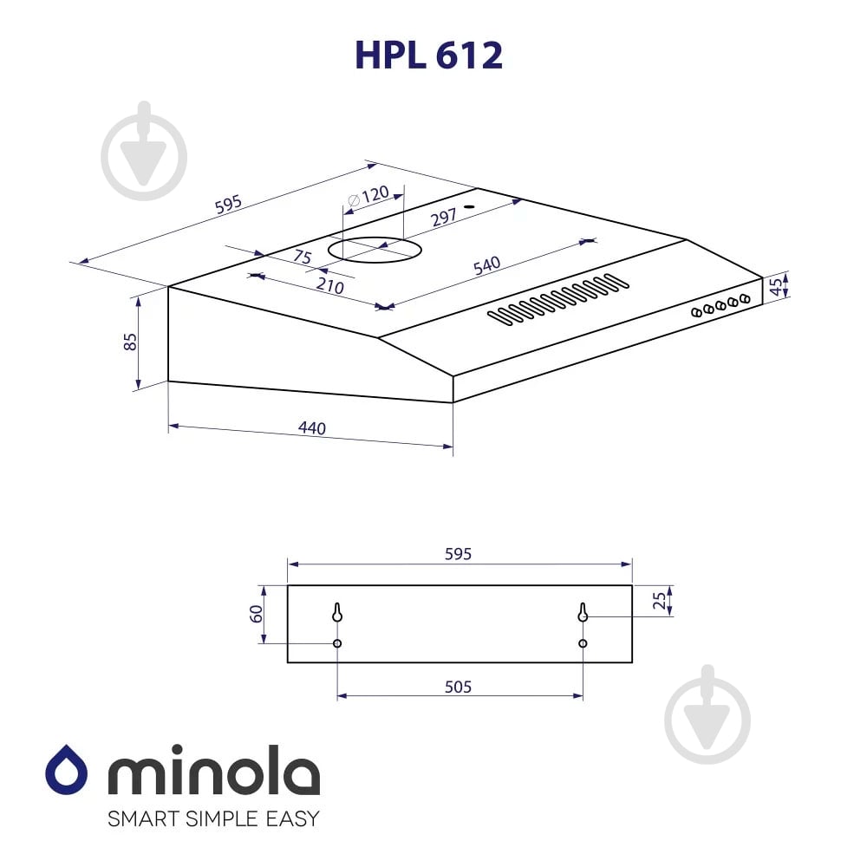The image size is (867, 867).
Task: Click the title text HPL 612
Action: [x=428, y=55]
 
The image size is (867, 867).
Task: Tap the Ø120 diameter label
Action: [x=368, y=196]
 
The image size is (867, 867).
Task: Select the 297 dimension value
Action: [x=443, y=218]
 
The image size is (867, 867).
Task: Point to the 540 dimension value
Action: [x=486, y=266]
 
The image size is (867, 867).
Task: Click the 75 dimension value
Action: [x=302, y=257]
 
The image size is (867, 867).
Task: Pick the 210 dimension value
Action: [x=329, y=287]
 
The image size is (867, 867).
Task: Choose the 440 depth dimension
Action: [x=311, y=428]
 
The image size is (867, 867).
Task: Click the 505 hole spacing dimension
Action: [x=458, y=687]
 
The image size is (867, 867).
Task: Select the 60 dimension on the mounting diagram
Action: [x=257, y=614]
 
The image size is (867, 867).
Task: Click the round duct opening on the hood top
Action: [x=375, y=251]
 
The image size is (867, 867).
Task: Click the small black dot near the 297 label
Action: [x=468, y=207]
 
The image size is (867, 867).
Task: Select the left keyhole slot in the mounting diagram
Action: [x=337, y=612]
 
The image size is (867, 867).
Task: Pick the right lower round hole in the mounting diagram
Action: [x=583, y=643]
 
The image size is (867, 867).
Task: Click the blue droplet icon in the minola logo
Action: [x=67, y=769]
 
